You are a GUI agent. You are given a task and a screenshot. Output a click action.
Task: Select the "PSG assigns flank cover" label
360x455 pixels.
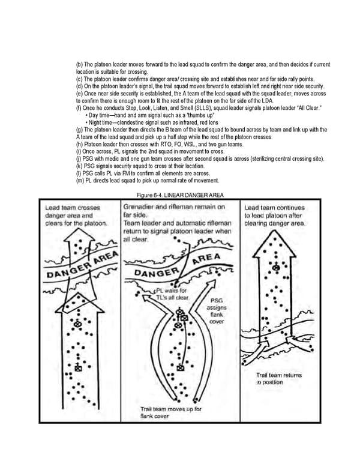tap(217, 310)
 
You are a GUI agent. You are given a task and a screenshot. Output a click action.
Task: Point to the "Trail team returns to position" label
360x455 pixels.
tap(279, 378)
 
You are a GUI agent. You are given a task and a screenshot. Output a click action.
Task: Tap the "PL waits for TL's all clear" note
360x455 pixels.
tap(172, 294)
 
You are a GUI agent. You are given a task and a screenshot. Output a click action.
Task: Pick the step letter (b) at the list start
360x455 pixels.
tap(79, 64)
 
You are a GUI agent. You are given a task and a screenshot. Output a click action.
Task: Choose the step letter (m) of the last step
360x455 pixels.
tap(79, 180)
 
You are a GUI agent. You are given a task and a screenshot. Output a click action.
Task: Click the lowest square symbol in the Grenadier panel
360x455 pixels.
tap(181, 368)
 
